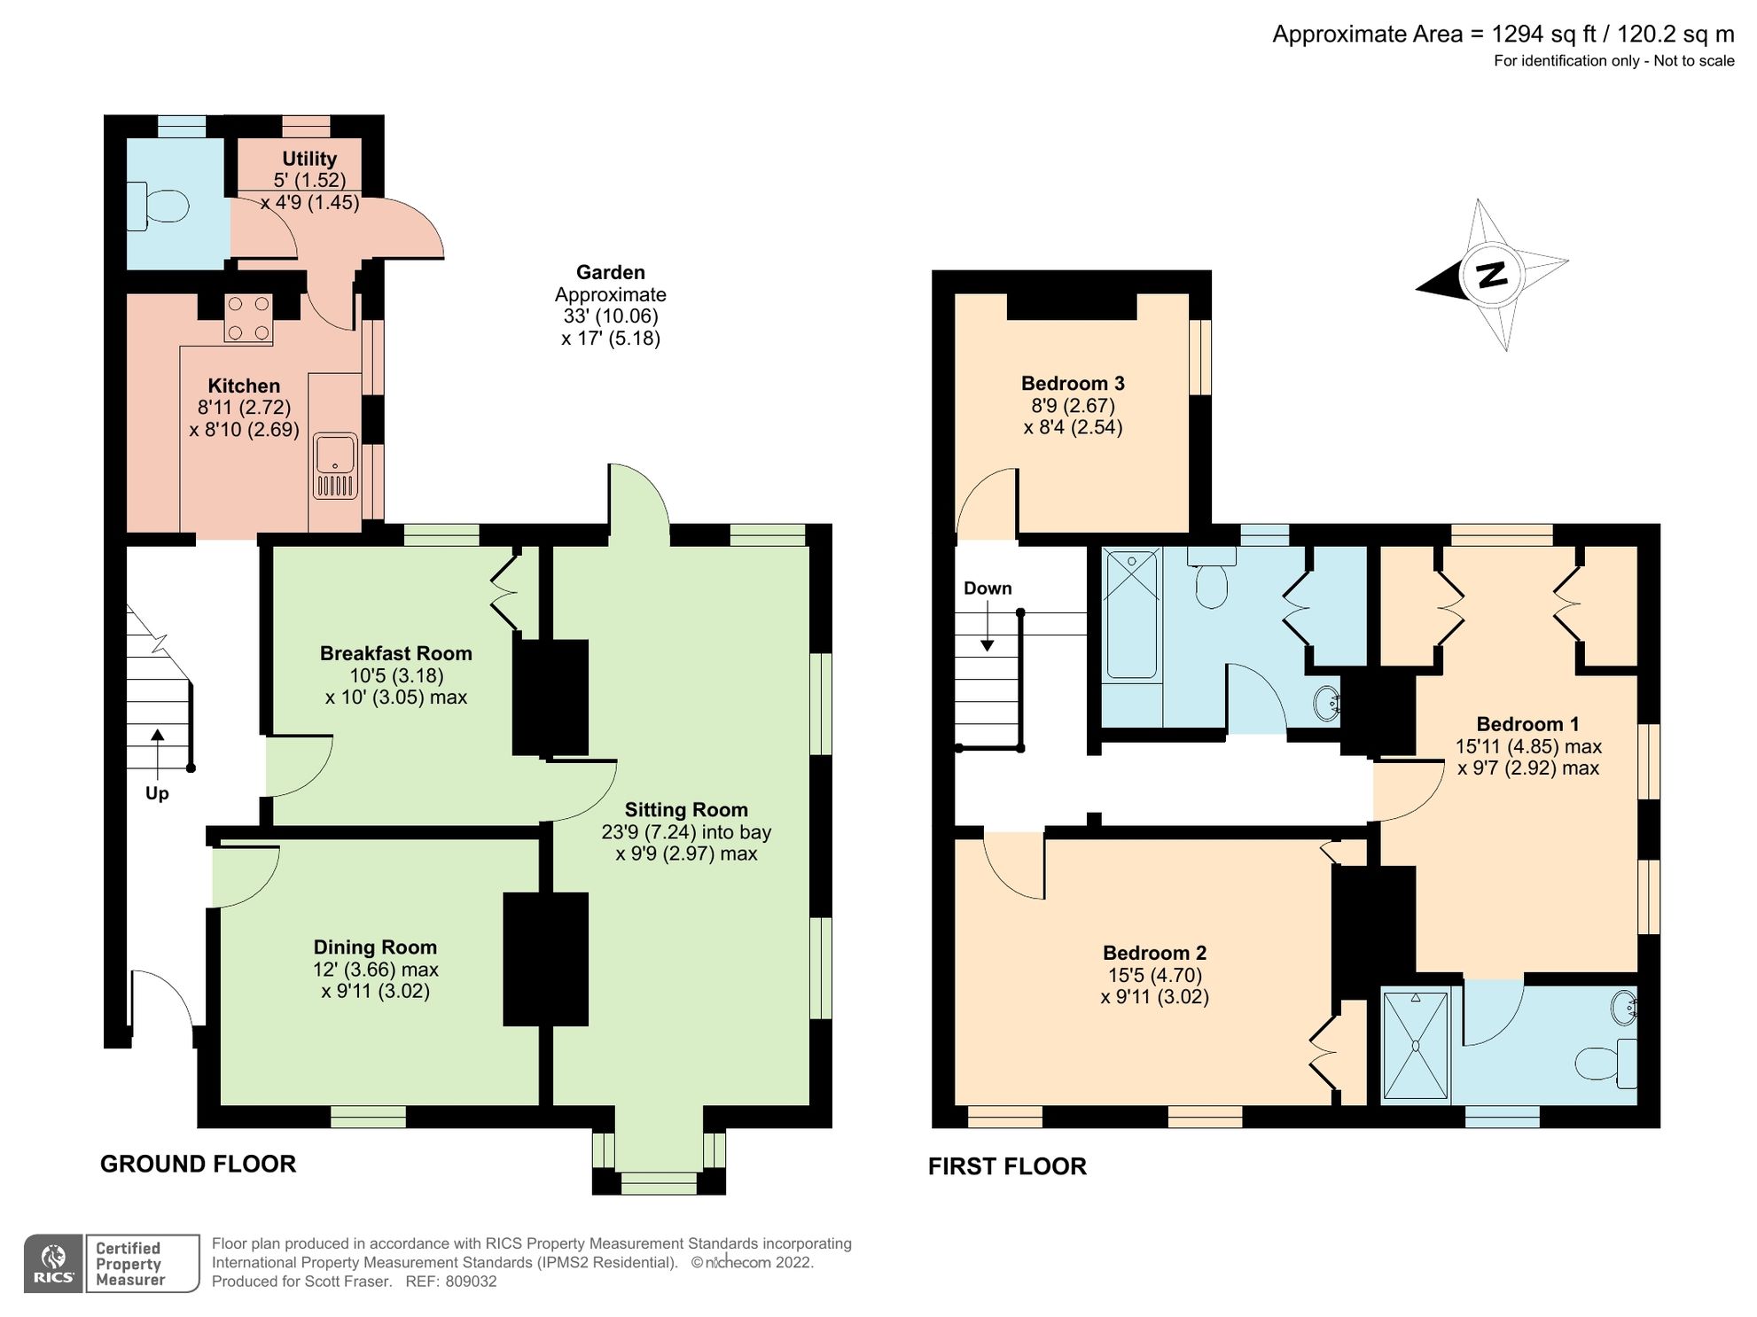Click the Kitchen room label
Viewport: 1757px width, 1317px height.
[244, 386]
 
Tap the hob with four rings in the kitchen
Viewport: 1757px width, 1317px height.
[248, 318]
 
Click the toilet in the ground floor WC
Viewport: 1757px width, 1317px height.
[158, 207]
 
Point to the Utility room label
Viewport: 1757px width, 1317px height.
[309, 159]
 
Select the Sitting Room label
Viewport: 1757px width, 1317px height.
[686, 809]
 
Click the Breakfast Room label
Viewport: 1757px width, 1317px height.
[395, 653]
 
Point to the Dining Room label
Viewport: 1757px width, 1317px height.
[375, 947]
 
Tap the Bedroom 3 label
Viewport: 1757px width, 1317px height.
[1073, 384]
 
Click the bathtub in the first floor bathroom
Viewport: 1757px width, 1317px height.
[1131, 614]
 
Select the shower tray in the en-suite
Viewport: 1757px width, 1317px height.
[1415, 1046]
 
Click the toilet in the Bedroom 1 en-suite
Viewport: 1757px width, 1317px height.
[1605, 1064]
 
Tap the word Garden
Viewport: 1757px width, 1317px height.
[611, 272]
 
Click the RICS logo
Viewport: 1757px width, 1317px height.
[54, 1264]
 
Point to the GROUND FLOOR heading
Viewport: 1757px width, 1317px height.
[198, 1164]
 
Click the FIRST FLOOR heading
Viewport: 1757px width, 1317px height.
[1007, 1166]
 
